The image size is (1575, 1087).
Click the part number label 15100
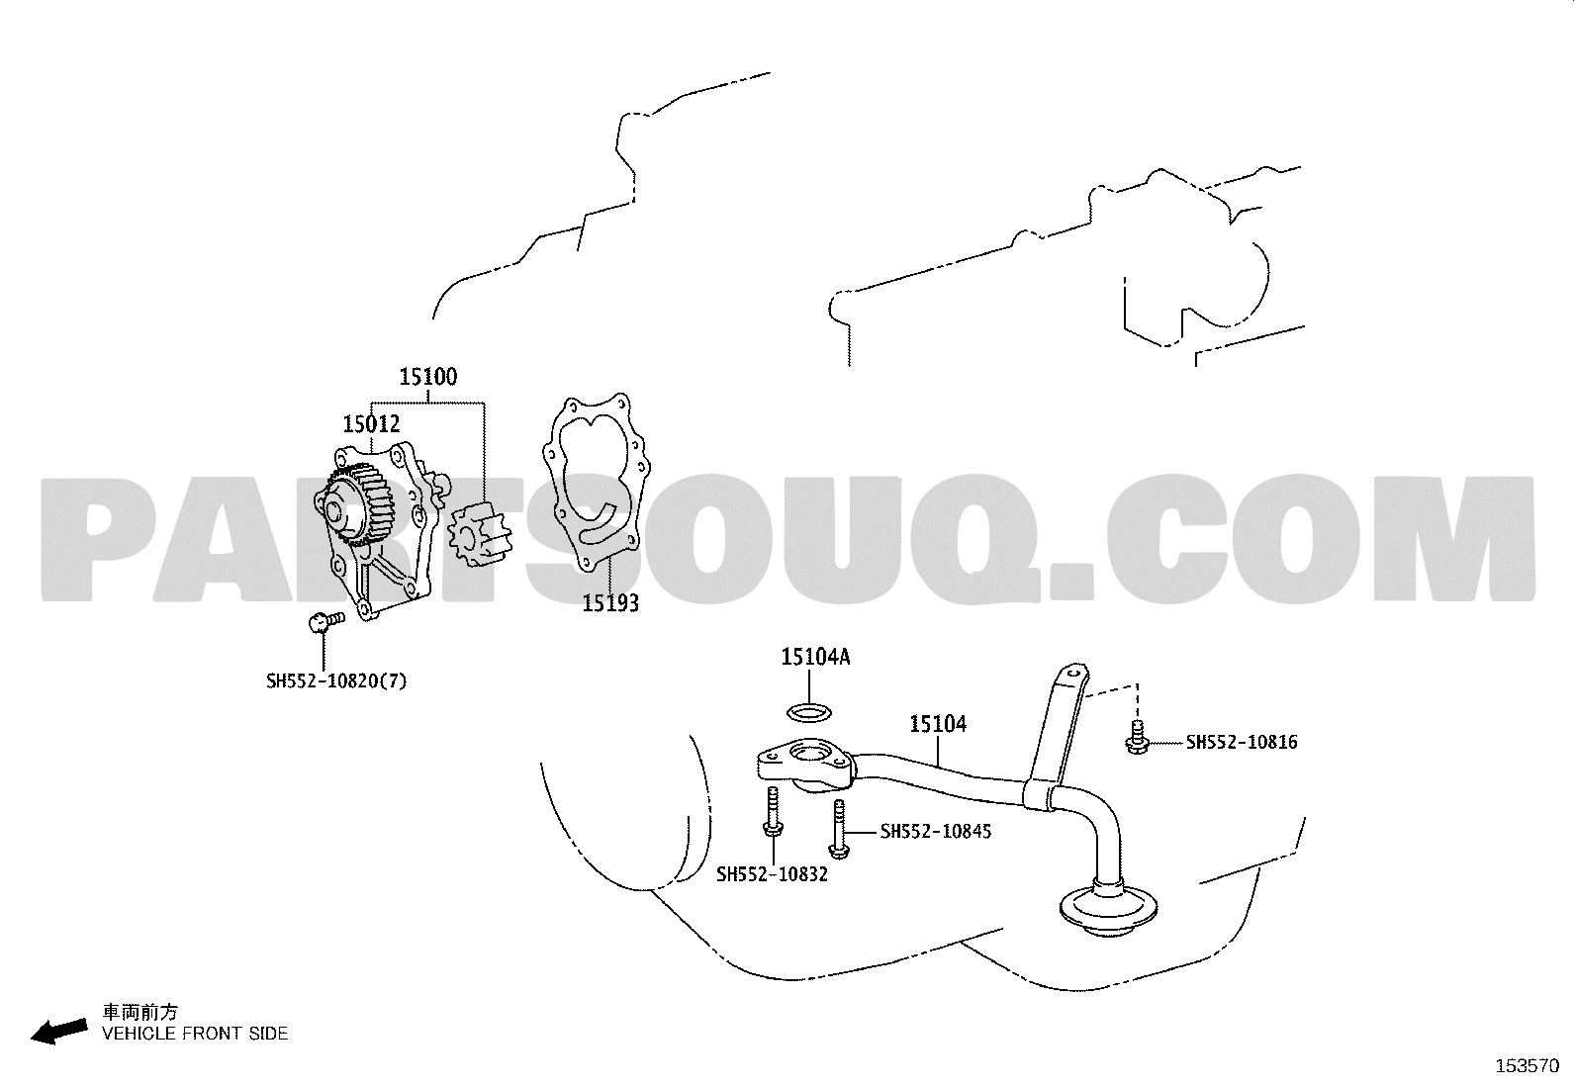pyautogui.click(x=428, y=377)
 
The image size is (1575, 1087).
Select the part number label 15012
pyautogui.click(x=371, y=424)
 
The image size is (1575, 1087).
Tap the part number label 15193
pyautogui.click(x=610, y=603)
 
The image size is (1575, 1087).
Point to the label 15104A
pyautogui.click(x=815, y=657)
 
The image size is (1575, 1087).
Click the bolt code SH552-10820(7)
pyautogui.click(x=336, y=681)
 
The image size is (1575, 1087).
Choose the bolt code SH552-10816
pyautogui.click(x=1242, y=743)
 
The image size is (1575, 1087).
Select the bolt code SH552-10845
pyautogui.click(x=936, y=832)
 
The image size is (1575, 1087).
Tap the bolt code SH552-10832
pyautogui.click(x=772, y=874)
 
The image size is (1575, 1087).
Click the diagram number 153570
pyautogui.click(x=1528, y=1066)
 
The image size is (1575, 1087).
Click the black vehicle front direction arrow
pyautogui.click(x=59, y=1031)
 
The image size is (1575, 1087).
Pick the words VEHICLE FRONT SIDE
pyautogui.click(x=195, y=1034)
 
